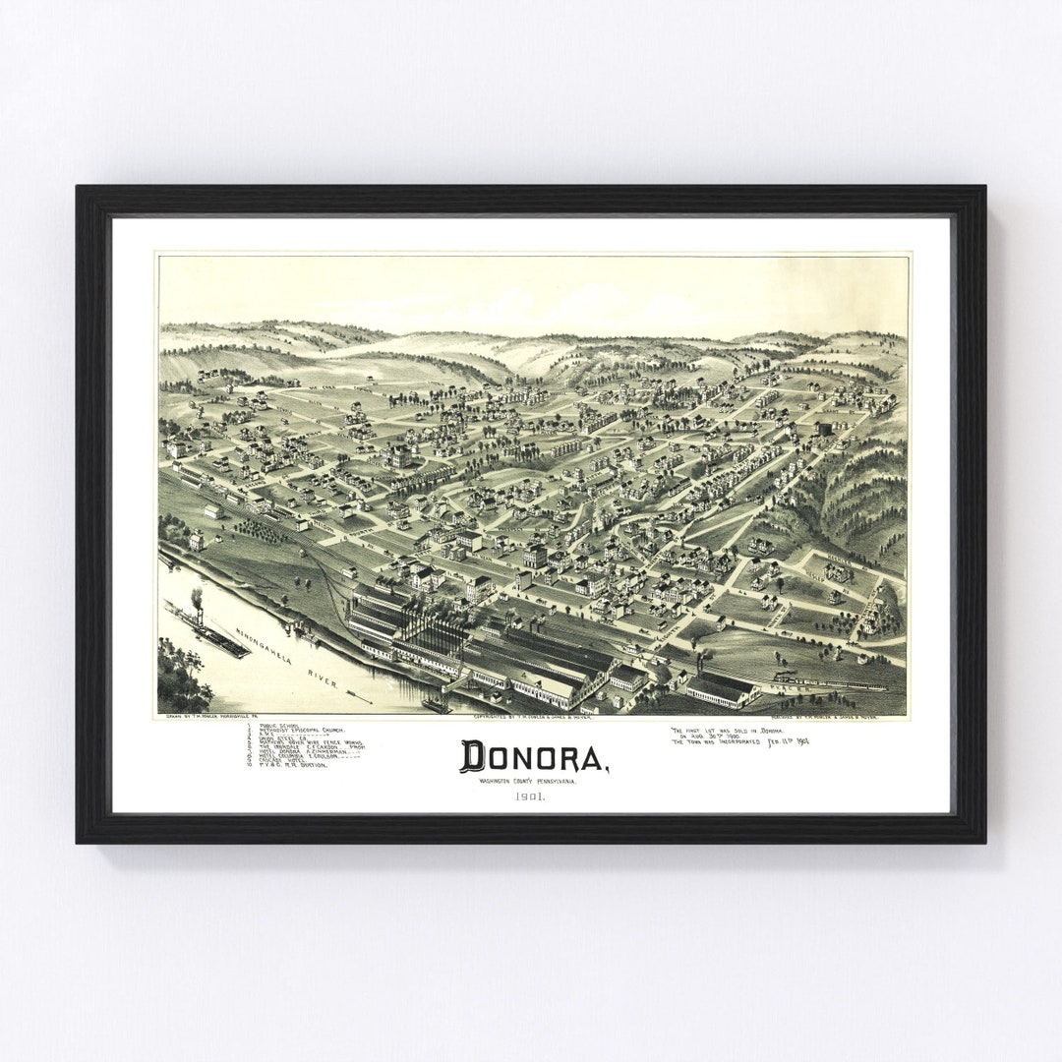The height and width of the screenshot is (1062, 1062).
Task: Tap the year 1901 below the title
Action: [x=529, y=796]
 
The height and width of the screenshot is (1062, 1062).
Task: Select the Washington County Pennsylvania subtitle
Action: [x=529, y=781]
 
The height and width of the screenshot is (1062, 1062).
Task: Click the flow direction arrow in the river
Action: [x=361, y=699]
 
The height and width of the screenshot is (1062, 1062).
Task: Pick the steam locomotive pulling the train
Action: [x=787, y=678]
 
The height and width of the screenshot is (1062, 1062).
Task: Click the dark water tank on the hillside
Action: [x=824, y=429]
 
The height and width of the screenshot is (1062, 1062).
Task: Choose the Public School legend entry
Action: [x=281, y=726]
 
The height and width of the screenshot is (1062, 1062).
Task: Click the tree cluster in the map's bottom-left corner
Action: [x=182, y=678]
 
